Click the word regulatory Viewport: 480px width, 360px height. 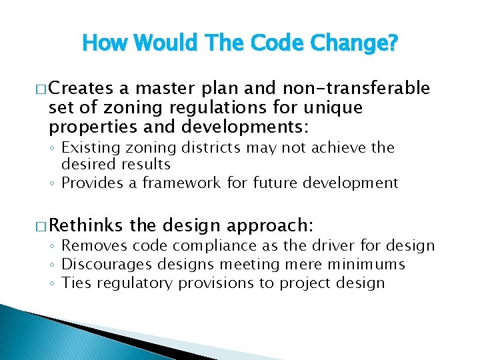click(139, 283)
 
